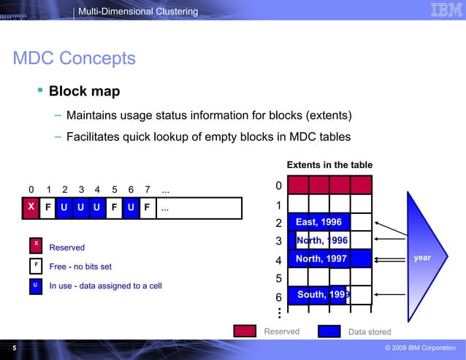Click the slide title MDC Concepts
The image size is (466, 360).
(75, 58)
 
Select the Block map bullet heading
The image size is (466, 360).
(84, 92)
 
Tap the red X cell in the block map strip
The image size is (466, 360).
(30, 207)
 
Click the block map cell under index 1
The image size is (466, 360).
(47, 207)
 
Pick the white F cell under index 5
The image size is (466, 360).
(113, 207)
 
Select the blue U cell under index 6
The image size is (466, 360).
(130, 207)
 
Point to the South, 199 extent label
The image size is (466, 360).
(324, 295)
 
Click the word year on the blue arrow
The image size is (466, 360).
(423, 258)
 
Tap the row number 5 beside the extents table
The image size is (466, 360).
(278, 279)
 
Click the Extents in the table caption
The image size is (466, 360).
(329, 165)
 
